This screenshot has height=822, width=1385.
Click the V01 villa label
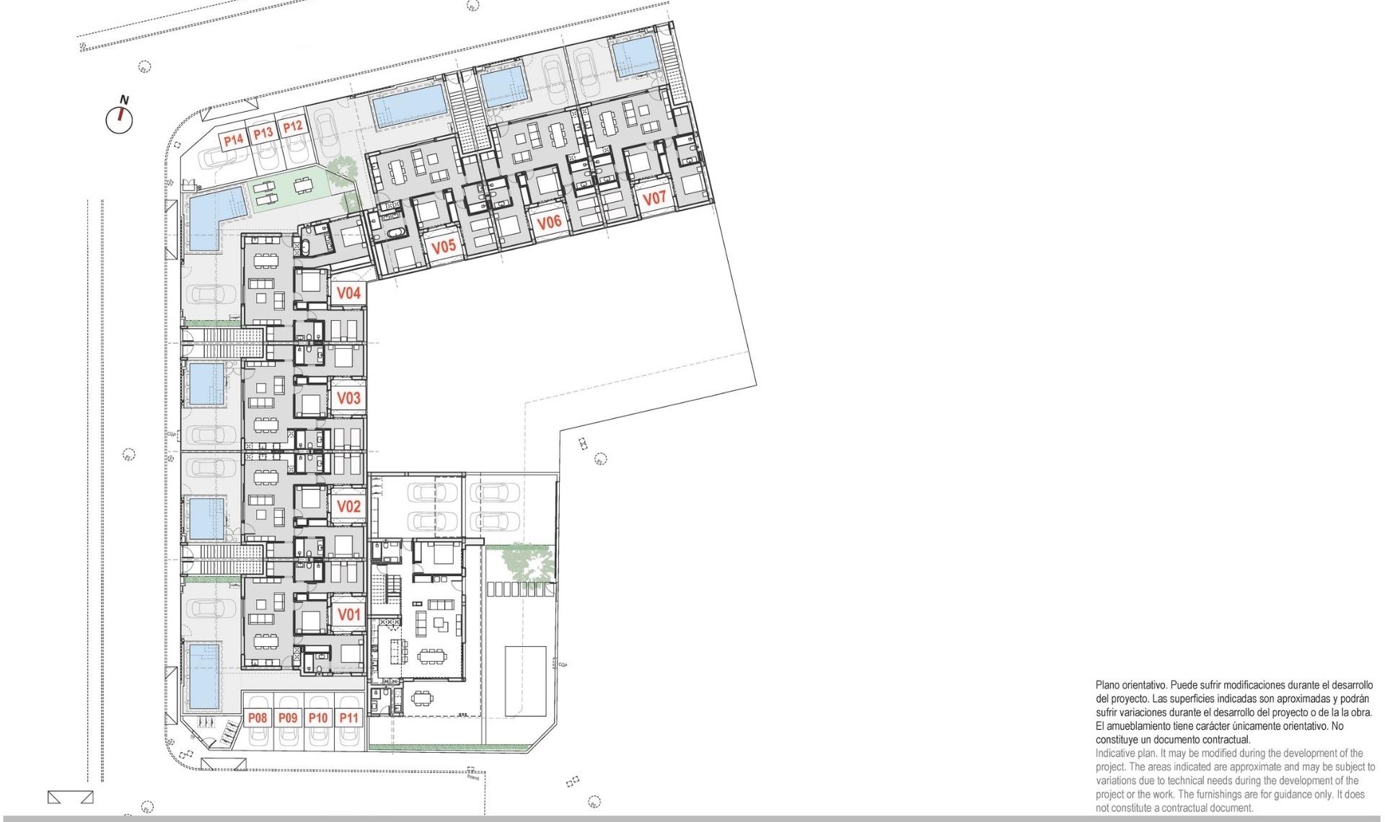click(x=349, y=614)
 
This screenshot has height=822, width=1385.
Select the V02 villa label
click(x=349, y=506)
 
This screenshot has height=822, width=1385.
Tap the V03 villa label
click(x=349, y=398)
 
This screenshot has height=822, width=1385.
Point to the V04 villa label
click(x=349, y=293)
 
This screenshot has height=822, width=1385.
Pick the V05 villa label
click(x=444, y=247)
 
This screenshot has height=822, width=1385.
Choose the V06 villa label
click(x=549, y=222)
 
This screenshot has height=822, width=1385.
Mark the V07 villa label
click(x=654, y=198)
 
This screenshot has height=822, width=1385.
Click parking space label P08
click(x=258, y=717)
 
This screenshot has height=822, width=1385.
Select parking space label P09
click(x=288, y=717)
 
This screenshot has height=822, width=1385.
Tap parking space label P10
click(x=318, y=717)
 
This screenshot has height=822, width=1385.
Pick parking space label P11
click(x=349, y=717)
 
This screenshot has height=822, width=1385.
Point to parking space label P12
click(x=292, y=127)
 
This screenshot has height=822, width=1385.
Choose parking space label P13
click(x=263, y=133)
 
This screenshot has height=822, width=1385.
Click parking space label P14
click(x=233, y=139)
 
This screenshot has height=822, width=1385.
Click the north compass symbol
click(x=120, y=120)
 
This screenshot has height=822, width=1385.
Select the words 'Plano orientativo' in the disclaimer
click(x=1130, y=685)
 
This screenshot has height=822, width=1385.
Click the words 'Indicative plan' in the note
click(x=1126, y=753)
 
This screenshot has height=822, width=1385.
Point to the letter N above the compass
click(x=124, y=100)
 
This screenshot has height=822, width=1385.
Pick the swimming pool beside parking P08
click(x=204, y=676)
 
